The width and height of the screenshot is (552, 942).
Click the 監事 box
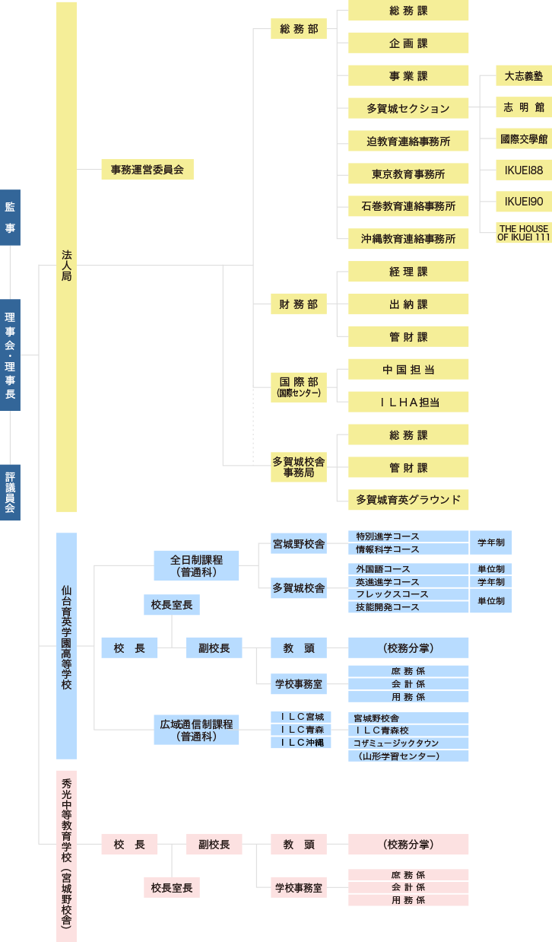coord(10,218)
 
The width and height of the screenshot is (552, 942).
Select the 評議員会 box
coord(10,492)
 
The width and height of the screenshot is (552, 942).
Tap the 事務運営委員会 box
coord(148,170)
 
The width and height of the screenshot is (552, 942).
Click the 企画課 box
coord(408,43)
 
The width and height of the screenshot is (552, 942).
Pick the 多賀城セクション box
coord(408,109)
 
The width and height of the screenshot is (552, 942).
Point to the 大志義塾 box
coord(524,76)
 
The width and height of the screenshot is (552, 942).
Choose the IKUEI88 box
coord(524,170)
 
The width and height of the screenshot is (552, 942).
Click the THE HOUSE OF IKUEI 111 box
coord(524,233)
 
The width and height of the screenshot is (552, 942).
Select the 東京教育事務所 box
coord(408,174)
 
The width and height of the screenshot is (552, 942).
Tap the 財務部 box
coord(298,304)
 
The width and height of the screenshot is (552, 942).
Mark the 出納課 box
coord(408,304)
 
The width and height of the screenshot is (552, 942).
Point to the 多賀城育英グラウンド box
coord(408,500)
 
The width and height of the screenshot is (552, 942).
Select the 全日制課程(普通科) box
coord(196,565)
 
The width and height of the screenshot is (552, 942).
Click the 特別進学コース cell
coord(408,536)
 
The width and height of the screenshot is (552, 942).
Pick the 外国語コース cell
coord(408,569)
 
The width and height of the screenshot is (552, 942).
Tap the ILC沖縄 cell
coord(301,743)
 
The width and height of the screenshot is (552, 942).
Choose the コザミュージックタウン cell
coord(408,743)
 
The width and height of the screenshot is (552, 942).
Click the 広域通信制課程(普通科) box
coord(196,730)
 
